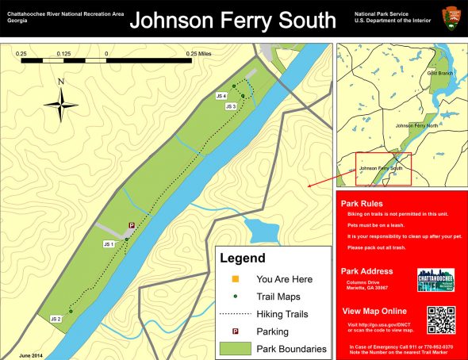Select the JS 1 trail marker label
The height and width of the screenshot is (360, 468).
[109, 243]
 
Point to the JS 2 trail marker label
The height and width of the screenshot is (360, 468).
[56, 318]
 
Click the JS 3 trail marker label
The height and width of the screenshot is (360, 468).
[231, 106]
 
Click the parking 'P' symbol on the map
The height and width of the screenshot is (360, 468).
[132, 226]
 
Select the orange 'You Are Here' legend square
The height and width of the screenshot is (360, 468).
[234, 279]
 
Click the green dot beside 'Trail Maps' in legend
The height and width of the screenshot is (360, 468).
[234, 297]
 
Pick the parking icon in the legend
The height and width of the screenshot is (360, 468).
[234, 331]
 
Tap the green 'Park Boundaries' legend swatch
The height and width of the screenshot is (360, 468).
[234, 348]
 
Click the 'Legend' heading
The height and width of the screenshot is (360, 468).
[242, 259]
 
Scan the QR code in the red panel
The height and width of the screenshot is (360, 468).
[441, 319]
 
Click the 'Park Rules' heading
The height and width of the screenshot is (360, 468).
[362, 204]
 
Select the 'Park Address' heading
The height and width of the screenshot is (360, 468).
[366, 271]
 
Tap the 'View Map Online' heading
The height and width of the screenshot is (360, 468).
[374, 311]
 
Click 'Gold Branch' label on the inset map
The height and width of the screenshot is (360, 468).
[439, 73]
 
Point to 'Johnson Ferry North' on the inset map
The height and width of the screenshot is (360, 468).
[416, 125]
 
